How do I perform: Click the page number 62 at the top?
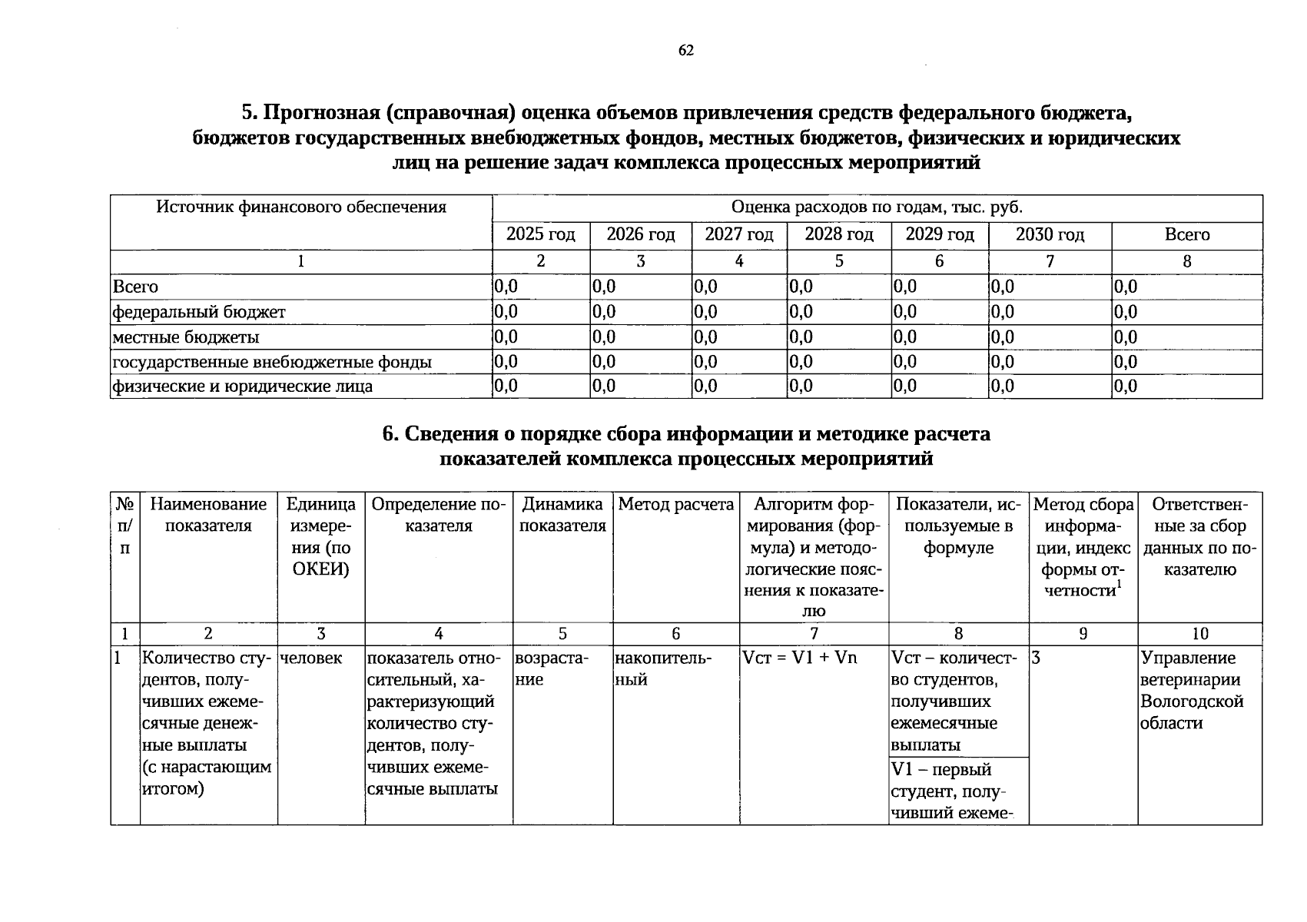click(686, 51)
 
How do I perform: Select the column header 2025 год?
click(540, 235)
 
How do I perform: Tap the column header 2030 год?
click(1050, 235)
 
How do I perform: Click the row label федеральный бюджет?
click(199, 312)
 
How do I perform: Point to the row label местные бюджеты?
click(186, 337)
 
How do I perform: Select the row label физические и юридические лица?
click(243, 386)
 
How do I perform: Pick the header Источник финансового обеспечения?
click(301, 207)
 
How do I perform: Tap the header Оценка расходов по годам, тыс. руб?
click(877, 207)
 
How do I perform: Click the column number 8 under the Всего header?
click(1186, 261)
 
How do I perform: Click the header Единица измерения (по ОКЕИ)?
click(321, 536)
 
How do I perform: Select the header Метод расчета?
click(676, 505)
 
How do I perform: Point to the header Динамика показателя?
click(562, 515)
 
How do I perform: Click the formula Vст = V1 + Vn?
click(799, 658)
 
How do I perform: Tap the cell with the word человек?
click(311, 658)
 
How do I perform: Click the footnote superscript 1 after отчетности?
click(1120, 584)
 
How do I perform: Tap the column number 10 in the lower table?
click(1199, 634)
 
